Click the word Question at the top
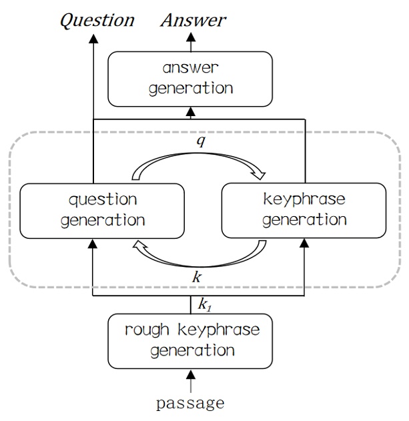click(97, 19)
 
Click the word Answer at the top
click(193, 19)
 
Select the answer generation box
click(191, 79)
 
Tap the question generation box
click(103, 209)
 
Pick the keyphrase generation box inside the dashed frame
click(304, 209)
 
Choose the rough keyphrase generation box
click(191, 340)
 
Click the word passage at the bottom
click(190, 403)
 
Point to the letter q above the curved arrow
click(200, 142)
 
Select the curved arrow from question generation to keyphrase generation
click(200, 160)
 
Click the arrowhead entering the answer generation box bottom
click(191, 110)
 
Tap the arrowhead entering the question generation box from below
click(93, 244)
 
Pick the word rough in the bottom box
click(146, 329)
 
